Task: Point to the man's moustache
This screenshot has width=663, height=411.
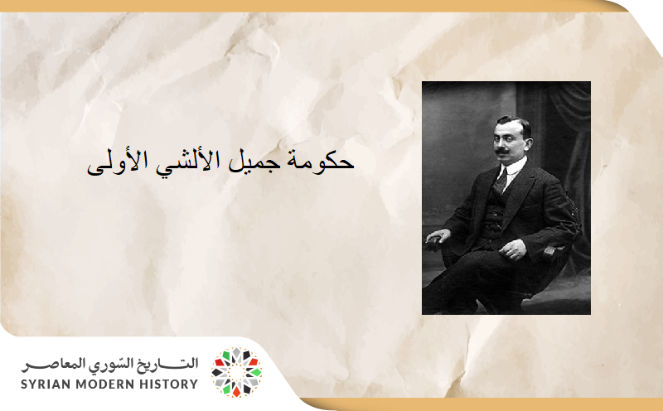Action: click(x=503, y=152)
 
